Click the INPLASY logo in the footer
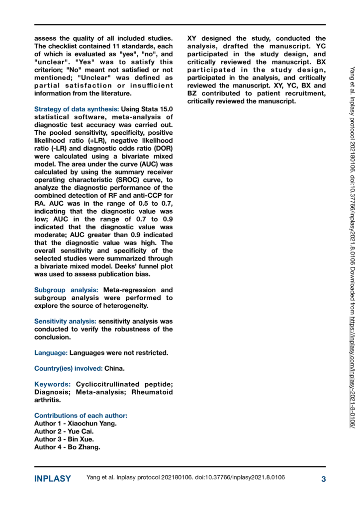tap(53, 479)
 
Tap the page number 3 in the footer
tap(323, 479)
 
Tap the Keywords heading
tap(52, 384)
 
